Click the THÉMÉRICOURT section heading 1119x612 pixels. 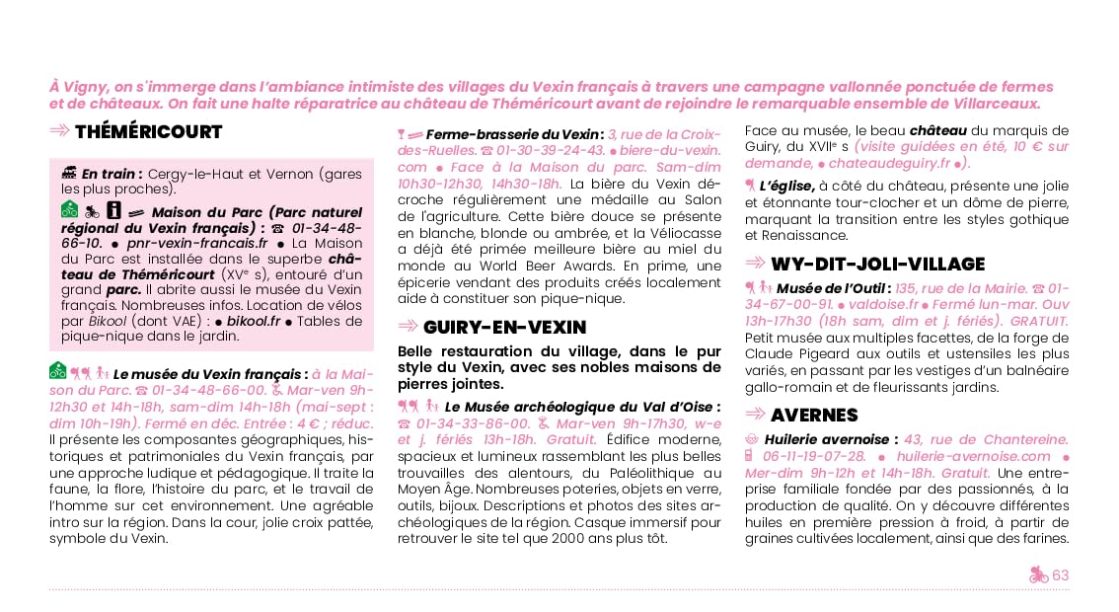(x=148, y=132)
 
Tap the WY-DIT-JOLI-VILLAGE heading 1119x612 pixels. (x=877, y=264)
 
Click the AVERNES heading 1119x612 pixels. (x=814, y=415)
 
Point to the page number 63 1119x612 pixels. (x=1061, y=575)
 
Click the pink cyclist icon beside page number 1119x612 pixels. (x=1038, y=575)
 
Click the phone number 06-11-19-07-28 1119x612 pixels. (x=811, y=456)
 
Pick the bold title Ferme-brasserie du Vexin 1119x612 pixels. (x=513, y=134)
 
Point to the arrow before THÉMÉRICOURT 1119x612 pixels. (x=59, y=131)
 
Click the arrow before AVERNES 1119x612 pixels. (x=755, y=415)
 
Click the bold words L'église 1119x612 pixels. (x=786, y=186)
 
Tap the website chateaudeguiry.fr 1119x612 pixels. (x=890, y=163)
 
